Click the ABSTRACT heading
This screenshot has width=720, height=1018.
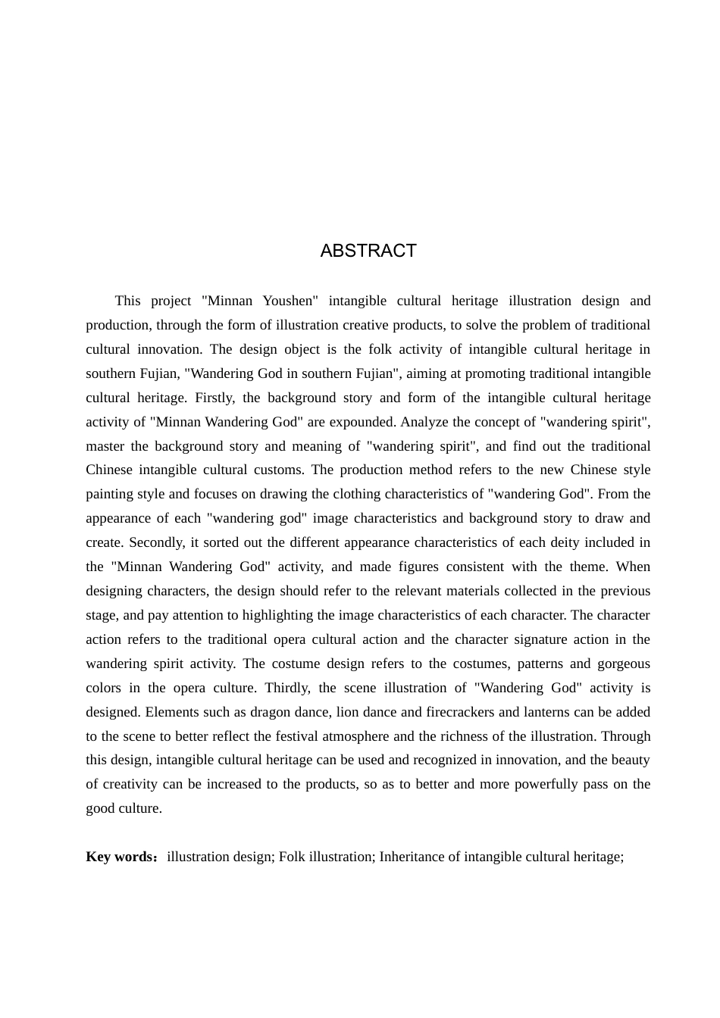(368, 251)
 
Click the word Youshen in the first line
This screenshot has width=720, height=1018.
(288, 301)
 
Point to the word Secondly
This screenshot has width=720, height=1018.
(158, 542)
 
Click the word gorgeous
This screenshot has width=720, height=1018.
(625, 664)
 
